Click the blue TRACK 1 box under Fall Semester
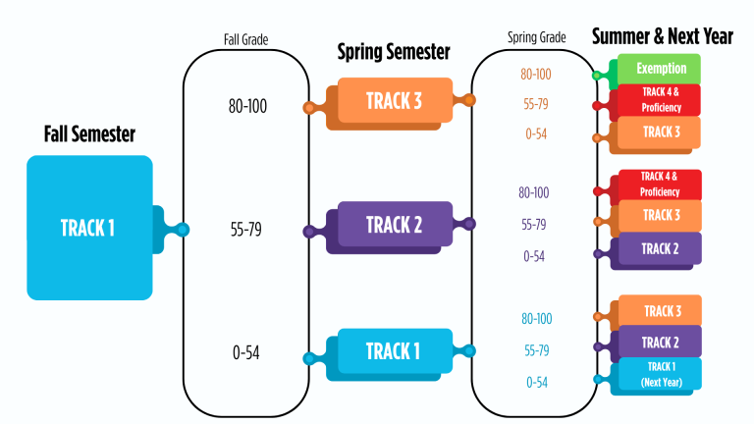point(89,228)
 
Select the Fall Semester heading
point(89,133)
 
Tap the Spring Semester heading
point(393,51)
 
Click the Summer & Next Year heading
point(662,36)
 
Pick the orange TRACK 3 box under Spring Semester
point(394,100)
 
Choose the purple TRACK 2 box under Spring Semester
point(394,225)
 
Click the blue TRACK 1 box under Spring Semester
point(394,351)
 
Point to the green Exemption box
point(661,69)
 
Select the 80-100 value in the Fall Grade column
point(247,106)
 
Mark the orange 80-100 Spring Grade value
point(535,74)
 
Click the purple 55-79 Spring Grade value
point(535,224)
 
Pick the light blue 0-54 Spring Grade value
point(535,382)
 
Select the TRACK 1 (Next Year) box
point(659,374)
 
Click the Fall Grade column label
point(246,40)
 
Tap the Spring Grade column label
point(536,37)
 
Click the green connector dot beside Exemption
point(597,75)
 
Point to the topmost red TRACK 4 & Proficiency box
point(660,99)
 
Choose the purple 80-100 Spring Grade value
point(535,192)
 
